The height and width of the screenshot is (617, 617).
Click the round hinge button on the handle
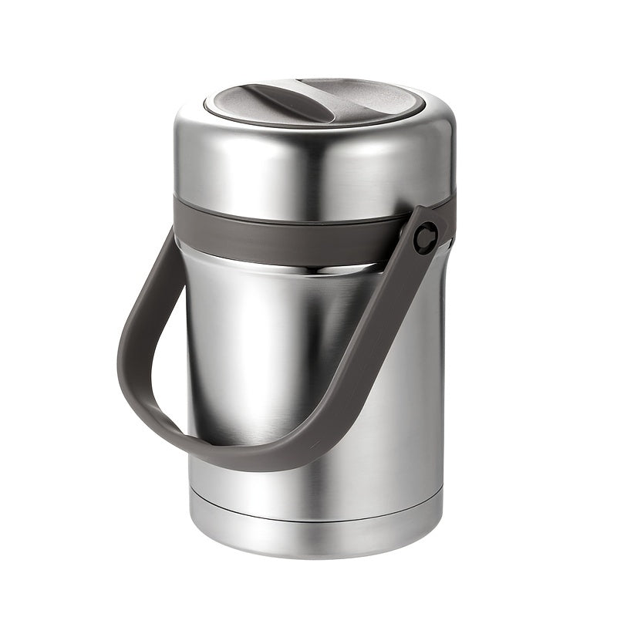[x=425, y=237]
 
